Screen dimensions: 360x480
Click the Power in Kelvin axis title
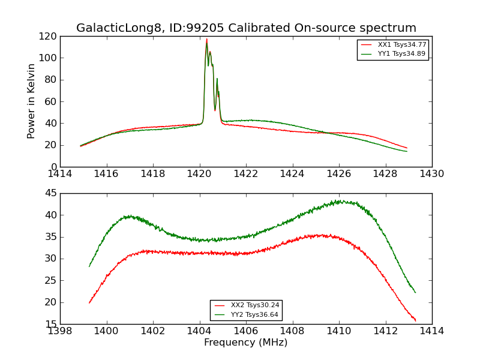(x=32, y=101)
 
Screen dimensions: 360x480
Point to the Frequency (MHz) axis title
(x=245, y=343)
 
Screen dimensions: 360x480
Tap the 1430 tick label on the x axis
(x=431, y=174)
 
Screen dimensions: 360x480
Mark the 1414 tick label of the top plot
(x=61, y=174)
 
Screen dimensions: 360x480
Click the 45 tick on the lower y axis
(x=50, y=193)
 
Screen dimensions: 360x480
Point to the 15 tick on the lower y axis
(x=50, y=324)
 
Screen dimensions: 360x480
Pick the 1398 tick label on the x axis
(x=61, y=331)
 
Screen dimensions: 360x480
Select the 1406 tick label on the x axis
(x=245, y=331)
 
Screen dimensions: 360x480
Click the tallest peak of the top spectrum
(x=206, y=40)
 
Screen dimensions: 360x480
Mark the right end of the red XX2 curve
(x=415, y=320)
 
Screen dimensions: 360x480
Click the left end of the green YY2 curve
(x=89, y=266)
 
